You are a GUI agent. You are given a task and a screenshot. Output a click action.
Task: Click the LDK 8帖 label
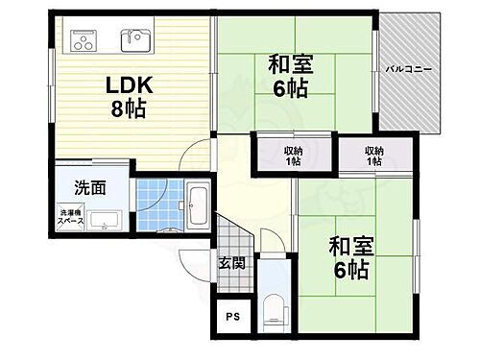pyautogui.click(x=125, y=96)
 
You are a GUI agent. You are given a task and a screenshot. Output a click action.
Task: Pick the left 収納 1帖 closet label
pyautogui.click(x=292, y=156)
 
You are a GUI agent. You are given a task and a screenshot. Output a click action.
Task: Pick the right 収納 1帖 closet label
pyautogui.click(x=374, y=156)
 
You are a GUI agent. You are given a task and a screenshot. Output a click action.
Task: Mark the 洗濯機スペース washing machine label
pyautogui.click(x=72, y=217)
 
